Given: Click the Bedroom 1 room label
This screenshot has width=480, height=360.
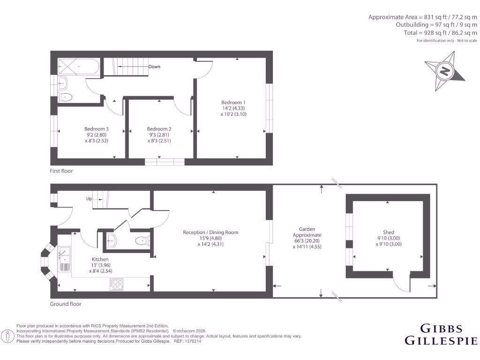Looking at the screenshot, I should click(233, 102).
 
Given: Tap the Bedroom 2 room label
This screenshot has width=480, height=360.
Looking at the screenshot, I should click(159, 129).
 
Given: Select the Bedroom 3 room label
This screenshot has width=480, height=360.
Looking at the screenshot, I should click(97, 129).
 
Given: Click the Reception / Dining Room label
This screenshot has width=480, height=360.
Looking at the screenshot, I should click(210, 232).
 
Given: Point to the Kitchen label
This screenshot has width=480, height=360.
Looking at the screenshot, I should click(100, 259).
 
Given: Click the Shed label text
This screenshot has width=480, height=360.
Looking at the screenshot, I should click(388, 232).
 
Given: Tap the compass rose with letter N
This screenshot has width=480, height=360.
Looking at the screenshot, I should click(444, 72).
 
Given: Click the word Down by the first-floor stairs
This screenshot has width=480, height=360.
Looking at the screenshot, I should click(154, 67).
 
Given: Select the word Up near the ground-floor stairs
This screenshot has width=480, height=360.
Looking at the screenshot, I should click(89, 199).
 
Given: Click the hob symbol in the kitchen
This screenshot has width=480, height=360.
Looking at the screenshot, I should click(116, 284).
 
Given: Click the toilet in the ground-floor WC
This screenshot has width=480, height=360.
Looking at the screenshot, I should click(141, 241).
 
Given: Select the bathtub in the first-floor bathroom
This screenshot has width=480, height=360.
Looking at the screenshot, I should click(78, 67).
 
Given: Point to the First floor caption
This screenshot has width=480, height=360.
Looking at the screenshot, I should click(61, 171).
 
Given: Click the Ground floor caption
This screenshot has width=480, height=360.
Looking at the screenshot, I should click(66, 304).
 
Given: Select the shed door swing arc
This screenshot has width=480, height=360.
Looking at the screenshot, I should click(401, 283).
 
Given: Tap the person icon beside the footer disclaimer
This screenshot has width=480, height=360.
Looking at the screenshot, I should click(7, 336).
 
